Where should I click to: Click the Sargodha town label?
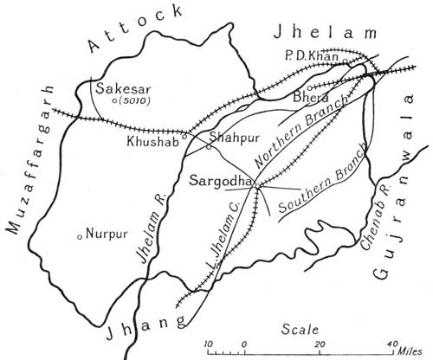[x=221, y=181]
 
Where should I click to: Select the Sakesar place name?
[x=120, y=87]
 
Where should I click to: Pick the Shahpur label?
[x=236, y=138]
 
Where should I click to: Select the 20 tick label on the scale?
[x=320, y=344]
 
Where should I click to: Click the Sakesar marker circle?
[x=115, y=101]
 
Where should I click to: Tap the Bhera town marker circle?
[x=311, y=87]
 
